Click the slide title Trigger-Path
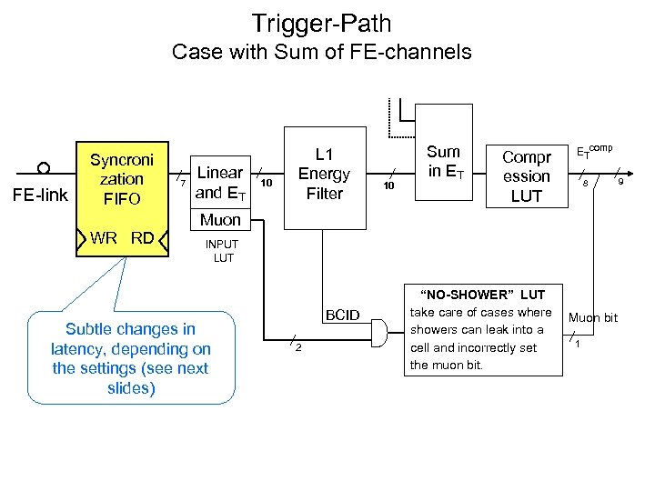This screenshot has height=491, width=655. (321, 22)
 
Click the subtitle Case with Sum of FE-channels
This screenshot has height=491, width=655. (321, 52)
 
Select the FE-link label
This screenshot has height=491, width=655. (44, 193)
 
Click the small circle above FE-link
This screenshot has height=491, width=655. (43, 168)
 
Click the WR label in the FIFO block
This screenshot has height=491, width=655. (103, 238)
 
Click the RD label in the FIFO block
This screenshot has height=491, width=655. (142, 238)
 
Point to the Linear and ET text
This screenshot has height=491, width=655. (219, 182)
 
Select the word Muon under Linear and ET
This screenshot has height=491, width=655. (220, 219)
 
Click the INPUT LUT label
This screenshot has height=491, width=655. (222, 251)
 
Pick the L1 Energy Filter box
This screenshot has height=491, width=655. (324, 173)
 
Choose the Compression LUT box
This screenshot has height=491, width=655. (526, 176)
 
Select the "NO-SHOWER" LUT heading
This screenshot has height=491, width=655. (482, 295)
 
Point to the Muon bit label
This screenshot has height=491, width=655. (592, 317)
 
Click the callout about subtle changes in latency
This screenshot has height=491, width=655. (130, 358)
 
